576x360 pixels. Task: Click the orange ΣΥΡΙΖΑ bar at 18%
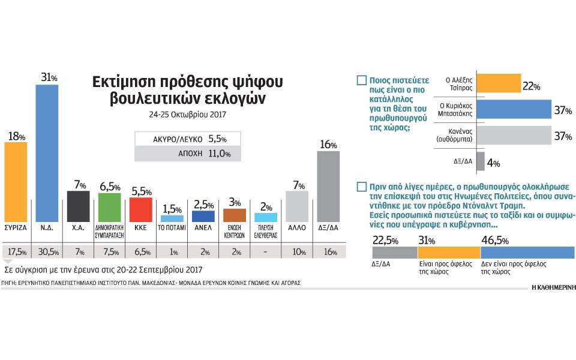(16, 182)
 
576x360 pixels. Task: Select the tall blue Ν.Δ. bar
(47, 153)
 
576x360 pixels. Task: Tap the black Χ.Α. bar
(78, 206)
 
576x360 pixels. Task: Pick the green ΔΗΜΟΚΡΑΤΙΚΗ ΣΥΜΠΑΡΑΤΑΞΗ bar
(109, 207)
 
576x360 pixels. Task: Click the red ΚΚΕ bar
(140, 209)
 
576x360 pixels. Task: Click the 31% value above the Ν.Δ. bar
(47, 78)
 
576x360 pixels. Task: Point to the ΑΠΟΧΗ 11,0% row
(187, 154)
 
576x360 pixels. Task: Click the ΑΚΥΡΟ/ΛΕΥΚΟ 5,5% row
(187, 139)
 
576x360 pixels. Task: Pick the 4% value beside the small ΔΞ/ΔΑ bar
(493, 162)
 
